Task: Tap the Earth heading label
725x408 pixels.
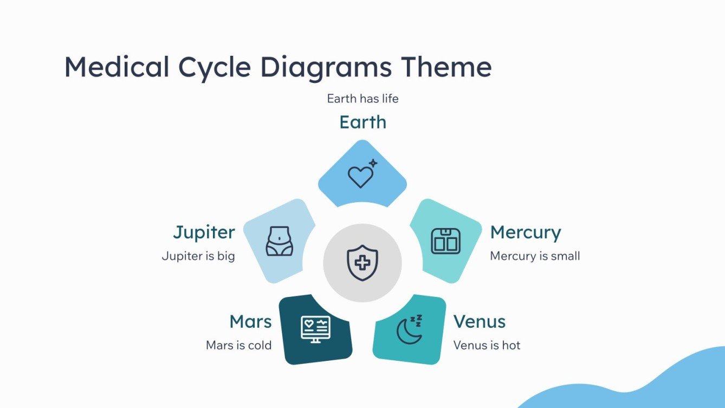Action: [362, 122]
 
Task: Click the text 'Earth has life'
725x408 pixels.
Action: [362, 99]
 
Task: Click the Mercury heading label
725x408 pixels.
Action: [525, 232]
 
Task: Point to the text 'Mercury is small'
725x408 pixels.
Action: [535, 256]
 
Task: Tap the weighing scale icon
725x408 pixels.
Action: [445, 241]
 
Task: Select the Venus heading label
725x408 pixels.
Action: [479, 321]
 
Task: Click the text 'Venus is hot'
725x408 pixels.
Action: [487, 345]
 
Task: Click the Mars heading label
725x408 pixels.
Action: [250, 321]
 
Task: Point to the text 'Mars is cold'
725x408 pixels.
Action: [238, 345]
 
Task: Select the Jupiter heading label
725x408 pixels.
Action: [204, 232]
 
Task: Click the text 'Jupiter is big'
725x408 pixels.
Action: [198, 256]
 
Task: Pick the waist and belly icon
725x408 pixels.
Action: [279, 241]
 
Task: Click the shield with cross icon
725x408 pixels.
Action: [362, 263]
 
